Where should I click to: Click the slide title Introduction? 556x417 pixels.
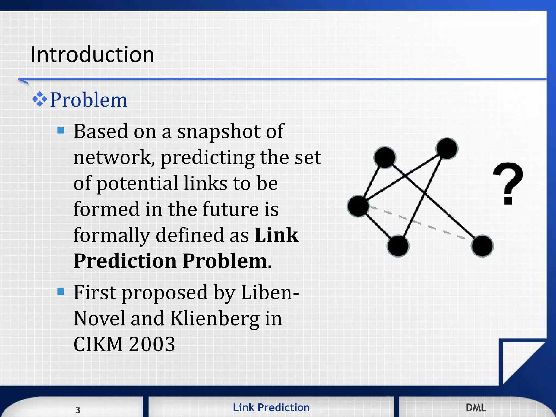(92, 55)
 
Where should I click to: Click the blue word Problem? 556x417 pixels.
(89, 100)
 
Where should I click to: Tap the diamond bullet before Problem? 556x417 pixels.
(40, 99)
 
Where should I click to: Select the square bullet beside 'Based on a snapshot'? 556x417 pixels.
(61, 131)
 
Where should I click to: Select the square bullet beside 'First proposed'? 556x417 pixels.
(61, 292)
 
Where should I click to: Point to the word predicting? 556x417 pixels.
(207, 158)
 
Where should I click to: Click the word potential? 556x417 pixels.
(137, 184)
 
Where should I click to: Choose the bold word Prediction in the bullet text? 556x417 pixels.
(125, 261)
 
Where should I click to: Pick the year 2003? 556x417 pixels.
(152, 344)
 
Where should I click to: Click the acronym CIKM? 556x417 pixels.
(98, 344)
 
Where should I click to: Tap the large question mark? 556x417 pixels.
(508, 184)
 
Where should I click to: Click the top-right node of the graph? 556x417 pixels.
(447, 148)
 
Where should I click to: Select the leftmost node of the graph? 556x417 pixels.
(358, 206)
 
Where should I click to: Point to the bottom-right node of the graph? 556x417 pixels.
(482, 246)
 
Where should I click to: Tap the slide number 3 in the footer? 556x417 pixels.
(78, 410)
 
